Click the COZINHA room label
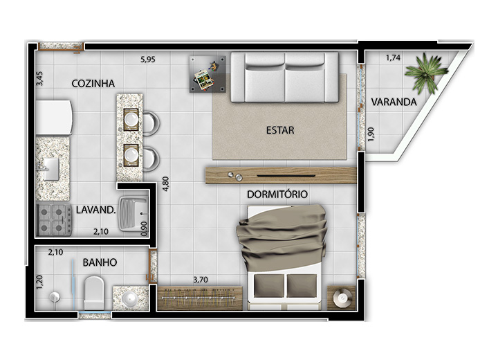[93, 83]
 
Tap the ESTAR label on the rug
[280, 130]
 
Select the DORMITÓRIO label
[277, 195]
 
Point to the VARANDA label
[394, 102]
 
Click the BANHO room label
[100, 262]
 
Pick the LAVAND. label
[95, 210]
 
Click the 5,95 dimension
[148, 60]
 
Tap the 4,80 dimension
[166, 184]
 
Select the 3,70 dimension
[201, 280]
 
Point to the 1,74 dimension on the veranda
[393, 58]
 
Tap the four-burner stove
[54, 219]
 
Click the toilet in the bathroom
[94, 293]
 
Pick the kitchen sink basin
[50, 170]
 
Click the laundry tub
[133, 213]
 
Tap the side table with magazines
[207, 74]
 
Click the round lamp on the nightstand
[342, 298]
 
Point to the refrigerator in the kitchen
[54, 118]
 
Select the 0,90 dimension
[144, 229]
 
